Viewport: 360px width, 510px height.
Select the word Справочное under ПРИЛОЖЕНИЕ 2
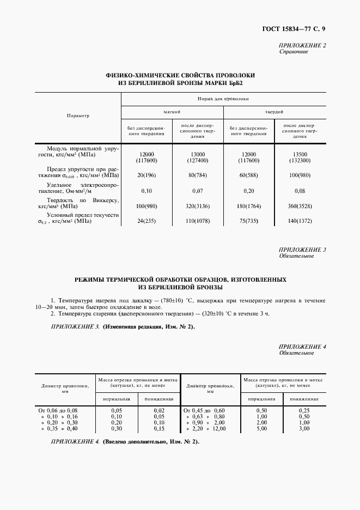[294, 52]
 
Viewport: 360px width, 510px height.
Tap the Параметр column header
[77, 116]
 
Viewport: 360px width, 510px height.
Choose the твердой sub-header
[274, 112]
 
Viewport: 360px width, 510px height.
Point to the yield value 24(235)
[147, 222]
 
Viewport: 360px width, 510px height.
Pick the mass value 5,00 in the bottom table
[261, 429]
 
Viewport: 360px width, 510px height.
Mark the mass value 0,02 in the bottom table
[158, 410]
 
